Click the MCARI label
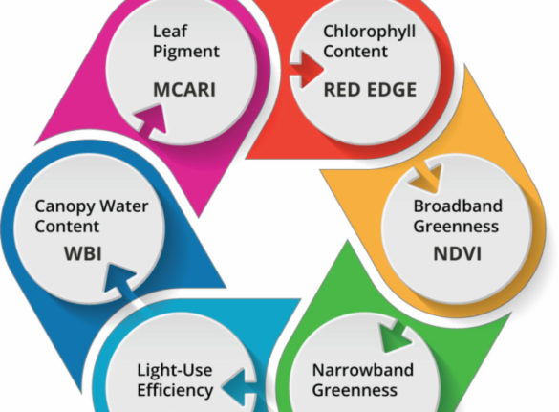pyautogui.click(x=184, y=89)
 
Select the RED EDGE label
pyautogui.click(x=370, y=90)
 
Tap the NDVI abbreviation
pyautogui.click(x=458, y=253)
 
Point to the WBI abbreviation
pyautogui.click(x=83, y=253)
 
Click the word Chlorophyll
pyautogui.click(x=370, y=33)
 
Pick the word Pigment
pyautogui.click(x=186, y=52)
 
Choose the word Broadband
pyautogui.click(x=458, y=206)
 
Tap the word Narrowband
pyautogui.click(x=363, y=370)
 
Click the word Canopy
pyautogui.click(x=66, y=207)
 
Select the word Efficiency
pyautogui.click(x=175, y=391)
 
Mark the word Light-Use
pyautogui.click(x=175, y=370)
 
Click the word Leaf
pyautogui.click(x=170, y=32)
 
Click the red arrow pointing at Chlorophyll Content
pyautogui.click(x=306, y=69)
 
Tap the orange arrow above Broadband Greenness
pyautogui.click(x=427, y=177)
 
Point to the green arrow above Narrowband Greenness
pyautogui.click(x=395, y=336)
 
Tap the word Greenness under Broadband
pyautogui.click(x=456, y=227)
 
